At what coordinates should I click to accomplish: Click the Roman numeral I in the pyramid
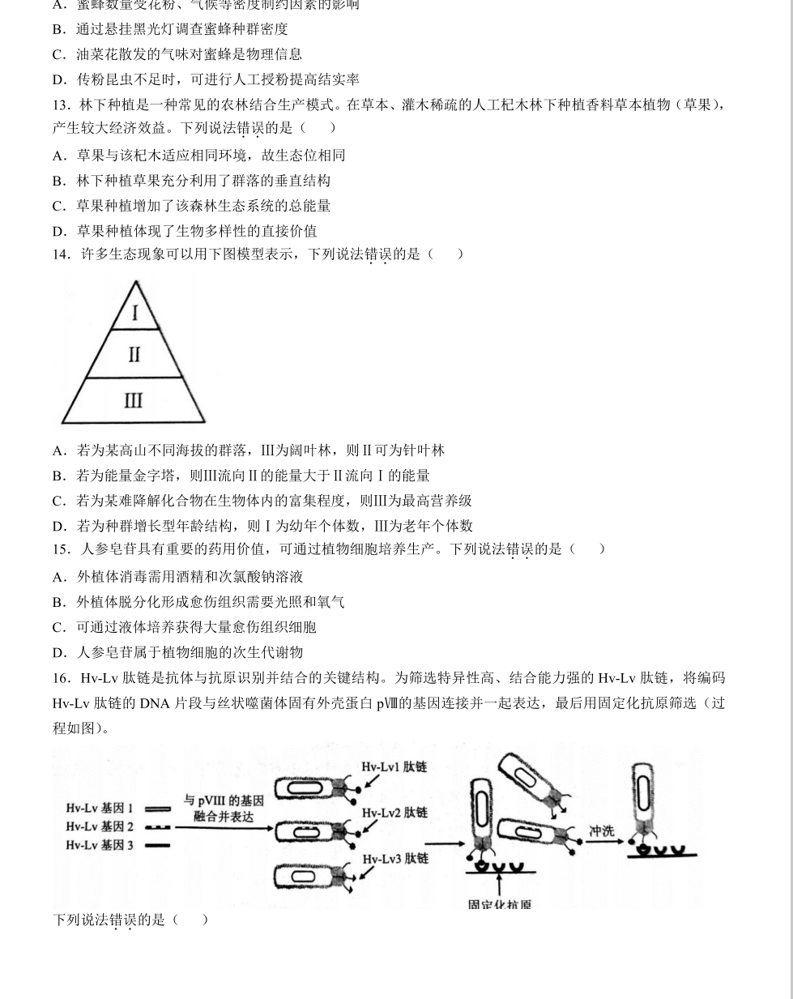(x=134, y=313)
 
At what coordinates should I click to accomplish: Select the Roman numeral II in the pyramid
(x=134, y=355)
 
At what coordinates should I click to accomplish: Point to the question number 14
(x=62, y=254)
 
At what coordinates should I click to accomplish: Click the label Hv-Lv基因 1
(x=100, y=808)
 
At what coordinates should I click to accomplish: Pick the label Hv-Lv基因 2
(x=100, y=826)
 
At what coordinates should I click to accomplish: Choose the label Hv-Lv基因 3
(x=100, y=845)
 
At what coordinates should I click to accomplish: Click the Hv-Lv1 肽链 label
(x=394, y=766)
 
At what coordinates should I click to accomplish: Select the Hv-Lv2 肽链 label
(x=394, y=813)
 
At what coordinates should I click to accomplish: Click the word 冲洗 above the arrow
(x=602, y=831)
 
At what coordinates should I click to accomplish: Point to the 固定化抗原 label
(x=499, y=904)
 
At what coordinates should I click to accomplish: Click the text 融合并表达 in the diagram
(x=224, y=817)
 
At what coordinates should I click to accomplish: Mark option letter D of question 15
(x=58, y=653)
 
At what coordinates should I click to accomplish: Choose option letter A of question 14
(x=58, y=451)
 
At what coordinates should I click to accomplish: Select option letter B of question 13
(x=58, y=181)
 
